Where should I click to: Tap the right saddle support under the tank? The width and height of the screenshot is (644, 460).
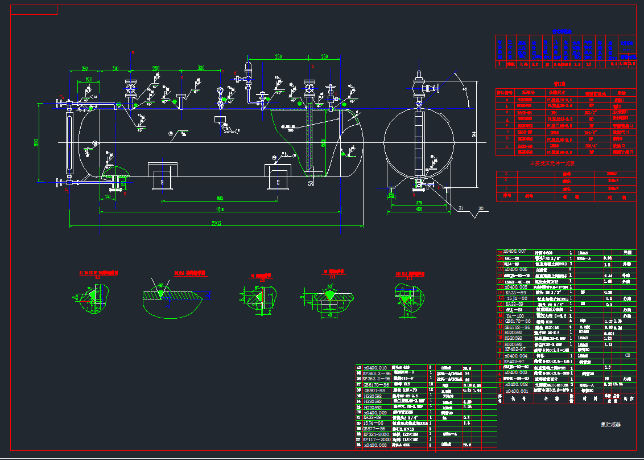coord(277,176)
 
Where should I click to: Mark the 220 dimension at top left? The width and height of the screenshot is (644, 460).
coord(89,80)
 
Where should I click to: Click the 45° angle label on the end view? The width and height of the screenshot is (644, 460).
coord(465,89)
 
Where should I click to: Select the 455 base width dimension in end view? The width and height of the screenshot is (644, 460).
coord(419,209)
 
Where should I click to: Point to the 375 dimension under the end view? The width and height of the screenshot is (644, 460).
coord(418,202)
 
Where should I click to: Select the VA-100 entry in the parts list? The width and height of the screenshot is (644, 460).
coord(515,315)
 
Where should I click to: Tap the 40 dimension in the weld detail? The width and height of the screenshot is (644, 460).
coord(329,314)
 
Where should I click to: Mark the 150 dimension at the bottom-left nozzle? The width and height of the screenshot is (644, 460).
coord(108,197)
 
